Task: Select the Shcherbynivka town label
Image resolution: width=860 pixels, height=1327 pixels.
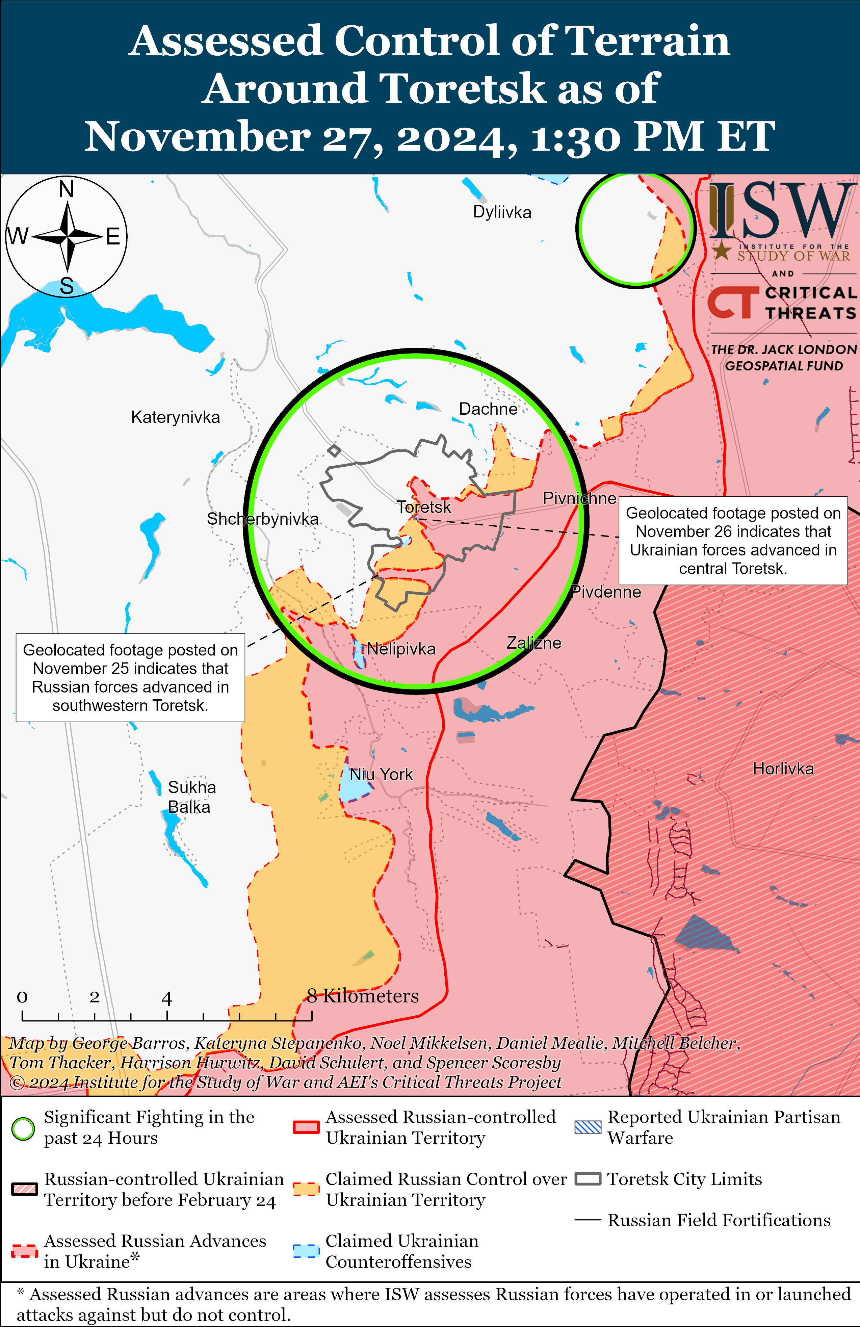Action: click(x=263, y=519)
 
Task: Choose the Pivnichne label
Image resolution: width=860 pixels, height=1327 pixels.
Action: click(x=579, y=498)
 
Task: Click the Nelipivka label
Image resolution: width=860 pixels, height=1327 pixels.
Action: click(x=401, y=649)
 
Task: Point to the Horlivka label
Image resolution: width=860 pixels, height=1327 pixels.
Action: click(x=783, y=769)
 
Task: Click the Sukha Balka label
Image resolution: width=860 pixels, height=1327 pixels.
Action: click(x=191, y=797)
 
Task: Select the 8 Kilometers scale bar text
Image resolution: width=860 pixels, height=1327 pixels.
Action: click(x=363, y=996)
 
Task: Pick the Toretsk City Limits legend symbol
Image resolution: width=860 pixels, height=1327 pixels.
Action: click(x=588, y=1179)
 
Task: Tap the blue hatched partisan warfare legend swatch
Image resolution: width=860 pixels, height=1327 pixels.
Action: click(x=588, y=1127)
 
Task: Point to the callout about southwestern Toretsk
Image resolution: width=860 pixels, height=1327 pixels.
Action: click(x=131, y=677)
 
